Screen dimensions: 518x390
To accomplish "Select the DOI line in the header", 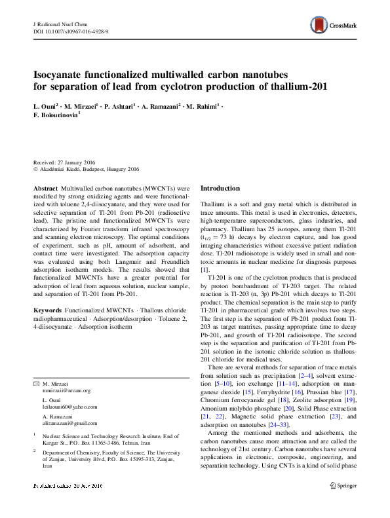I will tap(71, 31).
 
